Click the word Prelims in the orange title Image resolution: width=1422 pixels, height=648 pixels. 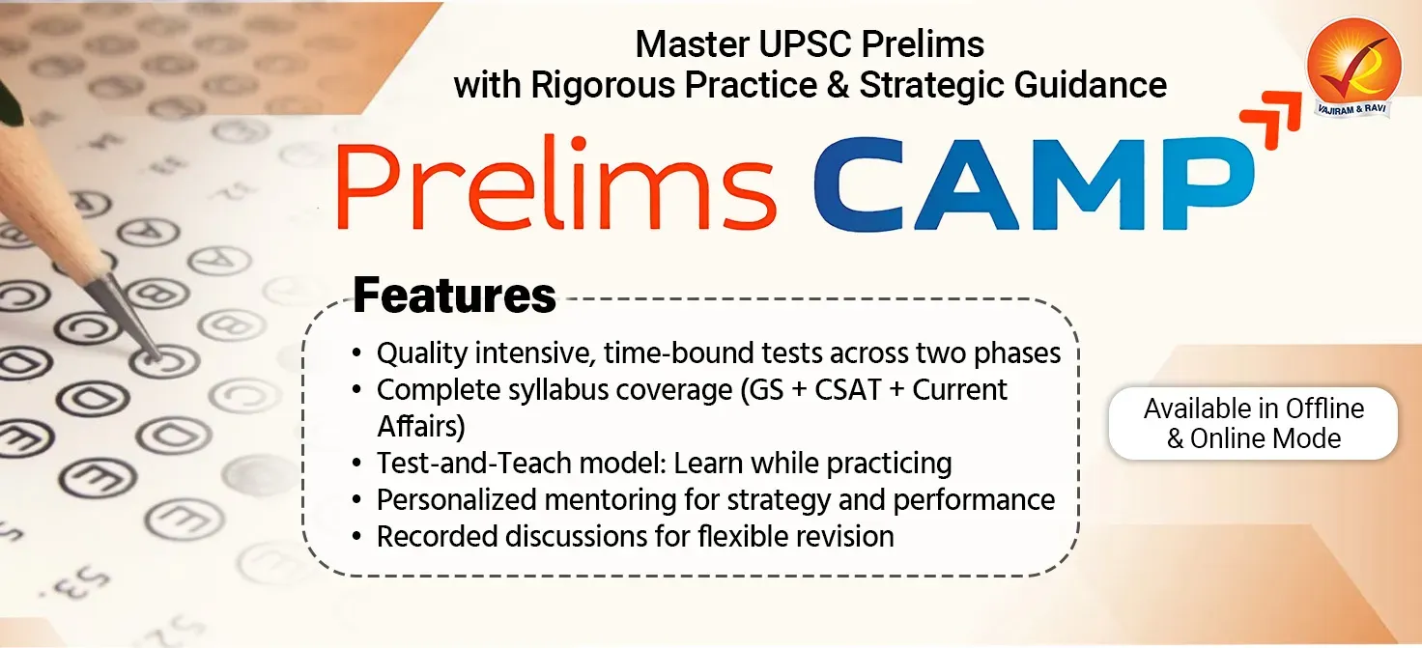(x=555, y=185)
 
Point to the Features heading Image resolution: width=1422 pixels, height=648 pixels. (x=454, y=295)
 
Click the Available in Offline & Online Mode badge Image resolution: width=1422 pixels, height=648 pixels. (x=1253, y=423)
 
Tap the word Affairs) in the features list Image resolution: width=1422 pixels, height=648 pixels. (x=421, y=426)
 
